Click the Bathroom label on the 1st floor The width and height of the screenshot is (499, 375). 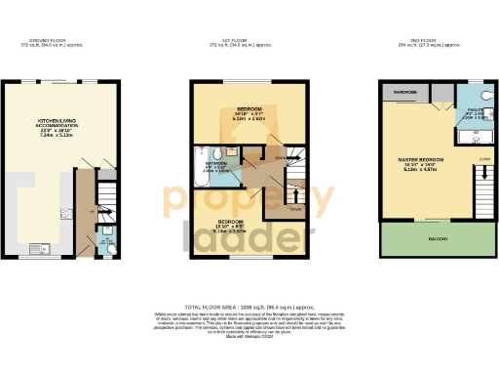point(215,163)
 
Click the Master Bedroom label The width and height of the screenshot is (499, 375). point(421,159)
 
